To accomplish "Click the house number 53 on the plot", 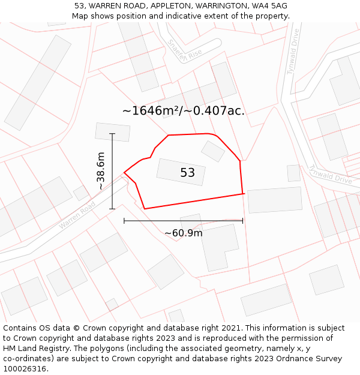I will (x=188, y=173).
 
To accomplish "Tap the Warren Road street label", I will (x=77, y=215).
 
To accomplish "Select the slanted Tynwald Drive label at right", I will (x=331, y=175).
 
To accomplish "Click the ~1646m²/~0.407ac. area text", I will (x=184, y=110).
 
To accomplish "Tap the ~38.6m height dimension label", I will (x=101, y=171).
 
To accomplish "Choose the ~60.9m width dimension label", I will (x=184, y=233).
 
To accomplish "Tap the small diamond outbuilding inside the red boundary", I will (x=213, y=151).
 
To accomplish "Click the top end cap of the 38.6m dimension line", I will (x=112, y=134).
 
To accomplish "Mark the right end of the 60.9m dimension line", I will (x=243, y=221).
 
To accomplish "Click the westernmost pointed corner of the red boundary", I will (x=124, y=173).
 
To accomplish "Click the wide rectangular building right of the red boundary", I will (x=275, y=200).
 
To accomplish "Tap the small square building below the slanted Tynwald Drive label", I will (x=293, y=173).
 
